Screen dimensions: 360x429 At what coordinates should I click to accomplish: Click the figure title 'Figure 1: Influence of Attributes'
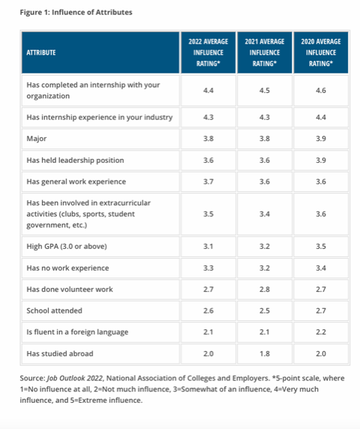point(76,13)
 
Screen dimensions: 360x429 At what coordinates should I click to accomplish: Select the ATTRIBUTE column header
point(41,52)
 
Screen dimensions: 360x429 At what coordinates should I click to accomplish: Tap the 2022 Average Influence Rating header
point(208,52)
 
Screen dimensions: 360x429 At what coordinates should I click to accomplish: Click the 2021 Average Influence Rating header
point(265,52)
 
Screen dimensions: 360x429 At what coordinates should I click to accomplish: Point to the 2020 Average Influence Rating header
point(321,52)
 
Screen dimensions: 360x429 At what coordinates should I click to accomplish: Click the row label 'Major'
point(37,139)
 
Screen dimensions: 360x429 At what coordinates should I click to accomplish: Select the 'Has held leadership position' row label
point(75,160)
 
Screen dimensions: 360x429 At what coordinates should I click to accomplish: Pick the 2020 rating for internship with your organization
point(321,91)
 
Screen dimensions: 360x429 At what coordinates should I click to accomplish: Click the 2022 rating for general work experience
point(208,181)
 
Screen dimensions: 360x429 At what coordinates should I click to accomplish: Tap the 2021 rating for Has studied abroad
point(265,354)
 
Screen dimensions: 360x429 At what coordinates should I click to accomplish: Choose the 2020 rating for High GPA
point(321,247)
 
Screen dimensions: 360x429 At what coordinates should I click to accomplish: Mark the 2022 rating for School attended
point(208,310)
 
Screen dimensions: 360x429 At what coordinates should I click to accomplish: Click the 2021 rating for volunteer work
point(265,289)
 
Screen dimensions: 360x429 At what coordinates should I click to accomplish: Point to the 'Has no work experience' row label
point(67,268)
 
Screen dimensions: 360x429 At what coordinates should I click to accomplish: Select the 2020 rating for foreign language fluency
point(321,332)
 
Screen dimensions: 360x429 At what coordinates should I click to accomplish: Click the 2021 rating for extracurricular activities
point(265,214)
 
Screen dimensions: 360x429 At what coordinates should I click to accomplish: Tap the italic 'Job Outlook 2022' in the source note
point(75,379)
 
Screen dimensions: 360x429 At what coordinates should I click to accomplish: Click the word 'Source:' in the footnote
point(32,379)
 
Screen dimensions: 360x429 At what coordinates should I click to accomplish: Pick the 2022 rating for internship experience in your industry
point(208,117)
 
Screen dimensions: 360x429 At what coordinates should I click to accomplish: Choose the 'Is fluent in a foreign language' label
point(77,332)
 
